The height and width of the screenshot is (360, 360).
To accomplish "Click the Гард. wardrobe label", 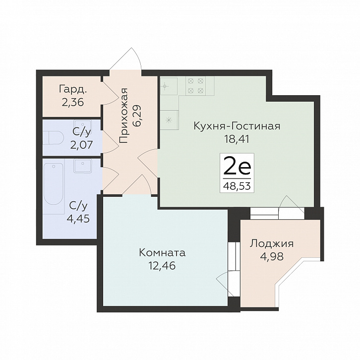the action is click(x=73, y=89).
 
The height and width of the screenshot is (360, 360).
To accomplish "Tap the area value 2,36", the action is click(x=72, y=102).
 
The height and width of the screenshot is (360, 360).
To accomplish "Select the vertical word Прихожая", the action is click(x=123, y=116).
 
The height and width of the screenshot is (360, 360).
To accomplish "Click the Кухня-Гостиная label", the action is click(x=237, y=126).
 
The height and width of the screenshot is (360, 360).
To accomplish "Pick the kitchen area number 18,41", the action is click(x=237, y=139).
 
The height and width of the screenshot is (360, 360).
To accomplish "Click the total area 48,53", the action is click(x=237, y=185).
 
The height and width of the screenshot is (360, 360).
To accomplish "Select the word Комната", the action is click(x=162, y=253).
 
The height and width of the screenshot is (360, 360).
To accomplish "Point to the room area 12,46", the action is click(x=162, y=266).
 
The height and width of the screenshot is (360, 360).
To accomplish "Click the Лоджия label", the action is click(x=272, y=244).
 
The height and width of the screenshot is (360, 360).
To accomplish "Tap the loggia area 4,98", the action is click(x=272, y=256).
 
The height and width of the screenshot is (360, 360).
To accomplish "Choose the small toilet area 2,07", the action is click(x=81, y=145).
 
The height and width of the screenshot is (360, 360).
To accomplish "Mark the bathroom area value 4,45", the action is click(x=78, y=219).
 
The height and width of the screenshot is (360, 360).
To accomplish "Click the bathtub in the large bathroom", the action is click(x=54, y=183).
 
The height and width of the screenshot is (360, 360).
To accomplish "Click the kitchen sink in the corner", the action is click(x=169, y=86).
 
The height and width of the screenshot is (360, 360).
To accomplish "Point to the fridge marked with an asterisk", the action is click(x=169, y=120).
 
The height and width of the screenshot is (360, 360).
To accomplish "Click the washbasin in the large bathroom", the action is click(x=82, y=166).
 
